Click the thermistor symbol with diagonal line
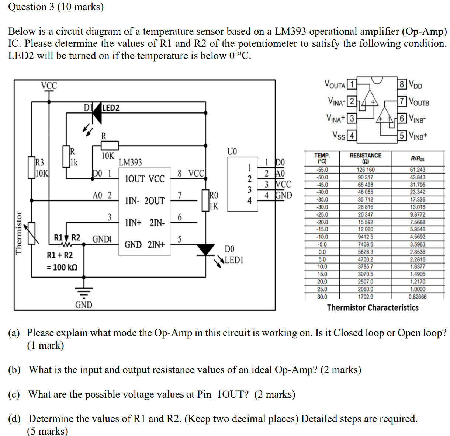(32, 233)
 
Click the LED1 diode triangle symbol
(206, 250)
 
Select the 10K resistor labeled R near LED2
(110, 145)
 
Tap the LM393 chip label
(130, 163)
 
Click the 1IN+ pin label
(133, 223)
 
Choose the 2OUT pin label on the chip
(155, 201)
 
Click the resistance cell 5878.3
(365, 252)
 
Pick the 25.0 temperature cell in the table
(322, 289)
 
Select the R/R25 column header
(417, 159)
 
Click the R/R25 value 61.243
(417, 170)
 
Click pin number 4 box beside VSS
(352, 136)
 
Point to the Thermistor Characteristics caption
(373, 307)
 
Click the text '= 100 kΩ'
(62, 267)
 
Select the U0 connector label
(232, 151)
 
